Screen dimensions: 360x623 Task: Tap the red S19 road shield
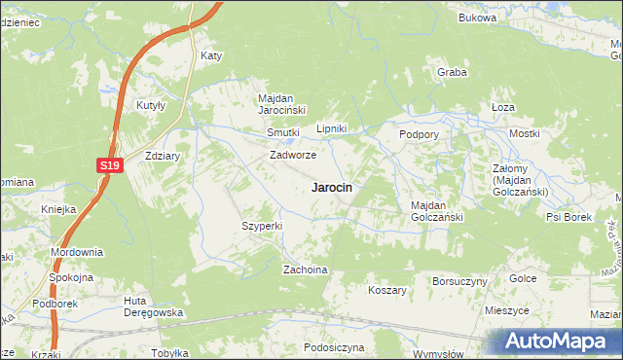pyautogui.click(x=110, y=166)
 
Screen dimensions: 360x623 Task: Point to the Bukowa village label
pyautogui.click(x=477, y=18)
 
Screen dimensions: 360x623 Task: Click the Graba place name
pyautogui.click(x=452, y=72)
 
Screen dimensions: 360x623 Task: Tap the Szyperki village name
pyautogui.click(x=262, y=226)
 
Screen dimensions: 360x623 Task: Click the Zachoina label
pyautogui.click(x=304, y=270)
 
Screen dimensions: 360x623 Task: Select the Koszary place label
pyautogui.click(x=386, y=290)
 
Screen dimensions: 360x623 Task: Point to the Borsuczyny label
pyautogui.click(x=459, y=280)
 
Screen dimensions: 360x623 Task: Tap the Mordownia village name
pyautogui.click(x=78, y=252)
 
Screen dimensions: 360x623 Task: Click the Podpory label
pyautogui.click(x=419, y=133)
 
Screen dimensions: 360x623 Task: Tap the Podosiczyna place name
pyautogui.click(x=333, y=346)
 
